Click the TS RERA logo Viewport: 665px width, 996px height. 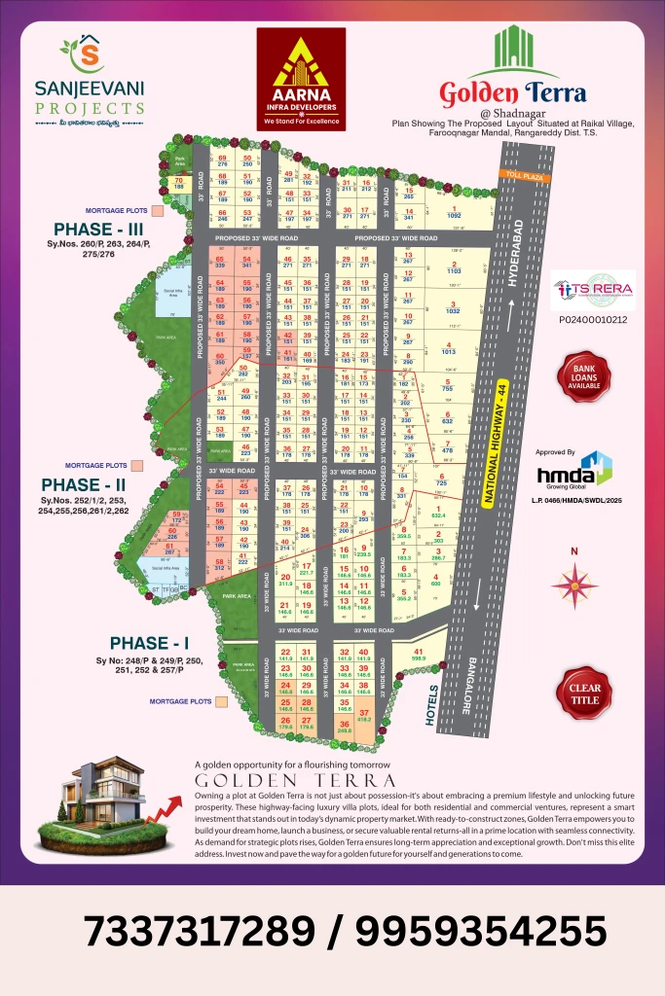pos(593,290)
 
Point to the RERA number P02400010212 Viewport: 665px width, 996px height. pos(593,319)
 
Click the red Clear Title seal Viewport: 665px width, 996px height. pos(583,693)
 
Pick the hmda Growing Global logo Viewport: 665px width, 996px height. pos(574,474)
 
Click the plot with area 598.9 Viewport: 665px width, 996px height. pos(420,656)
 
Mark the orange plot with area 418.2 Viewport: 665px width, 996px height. pos(364,717)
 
